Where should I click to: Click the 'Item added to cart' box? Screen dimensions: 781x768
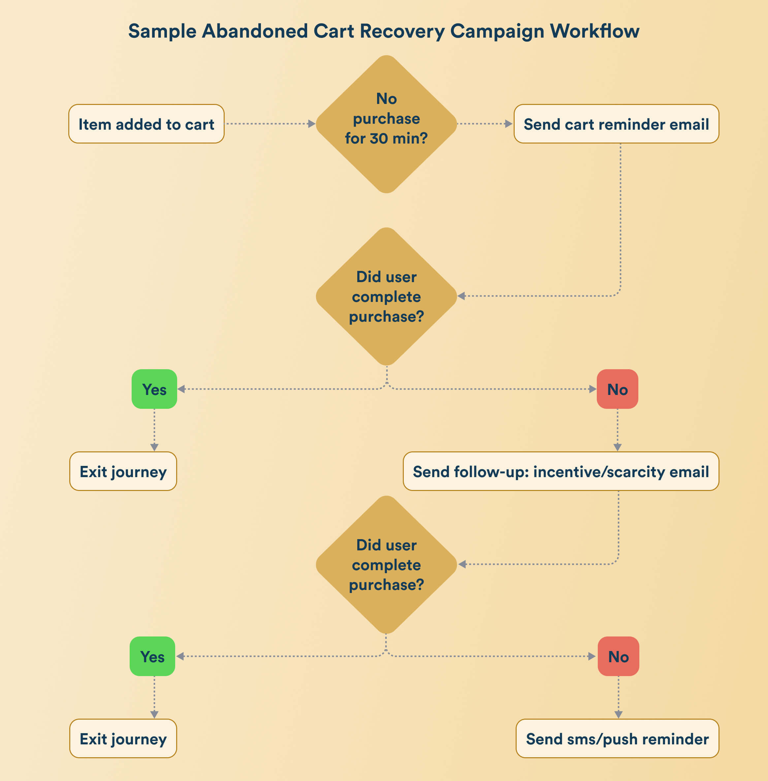pyautogui.click(x=146, y=124)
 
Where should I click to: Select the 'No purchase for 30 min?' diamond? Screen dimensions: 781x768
pyautogui.click(x=386, y=124)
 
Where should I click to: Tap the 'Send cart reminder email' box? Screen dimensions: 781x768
pyautogui.click(x=616, y=124)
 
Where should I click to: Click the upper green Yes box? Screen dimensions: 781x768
pyautogui.click(x=154, y=389)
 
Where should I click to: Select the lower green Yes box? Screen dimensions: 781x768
pyautogui.click(x=152, y=656)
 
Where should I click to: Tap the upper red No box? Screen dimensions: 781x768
pyautogui.click(x=617, y=389)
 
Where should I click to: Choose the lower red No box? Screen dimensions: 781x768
pyautogui.click(x=618, y=656)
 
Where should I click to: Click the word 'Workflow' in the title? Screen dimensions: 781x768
pyautogui.click(x=594, y=31)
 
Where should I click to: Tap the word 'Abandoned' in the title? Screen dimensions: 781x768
pyautogui.click(x=255, y=31)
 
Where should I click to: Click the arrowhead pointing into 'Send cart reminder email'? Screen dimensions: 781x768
pyautogui.click(x=508, y=124)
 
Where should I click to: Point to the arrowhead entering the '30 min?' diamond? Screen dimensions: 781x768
pyautogui.click(x=311, y=124)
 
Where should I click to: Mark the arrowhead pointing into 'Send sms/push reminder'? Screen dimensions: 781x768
pyautogui.click(x=618, y=714)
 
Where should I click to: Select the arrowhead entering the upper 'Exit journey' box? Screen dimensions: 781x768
pyautogui.click(x=154, y=447)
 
